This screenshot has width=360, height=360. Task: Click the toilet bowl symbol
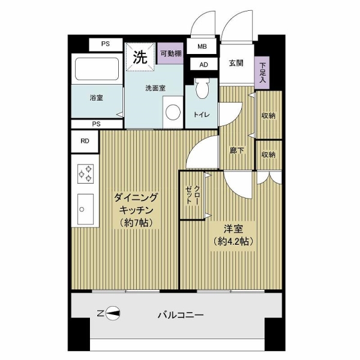click(203, 88)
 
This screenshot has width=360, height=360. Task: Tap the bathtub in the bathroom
click(97, 69)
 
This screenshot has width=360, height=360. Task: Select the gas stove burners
click(85, 174)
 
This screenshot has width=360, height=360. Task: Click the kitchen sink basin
click(85, 209)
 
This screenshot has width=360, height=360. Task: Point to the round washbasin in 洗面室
click(173, 112)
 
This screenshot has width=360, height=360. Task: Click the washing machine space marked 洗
click(140, 57)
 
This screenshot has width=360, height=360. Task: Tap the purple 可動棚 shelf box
click(170, 53)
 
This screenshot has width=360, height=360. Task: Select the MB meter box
click(202, 46)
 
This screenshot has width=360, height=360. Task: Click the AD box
click(203, 65)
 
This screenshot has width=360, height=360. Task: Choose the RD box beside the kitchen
click(85, 141)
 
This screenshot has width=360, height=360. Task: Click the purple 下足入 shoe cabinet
click(262, 73)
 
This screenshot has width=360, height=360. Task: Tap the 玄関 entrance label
click(236, 63)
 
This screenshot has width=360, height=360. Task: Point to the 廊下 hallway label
click(237, 151)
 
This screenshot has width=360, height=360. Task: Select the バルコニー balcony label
click(181, 315)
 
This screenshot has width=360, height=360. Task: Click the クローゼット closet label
click(193, 194)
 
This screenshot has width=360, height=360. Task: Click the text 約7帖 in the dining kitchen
click(136, 223)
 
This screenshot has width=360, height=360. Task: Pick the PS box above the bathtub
click(106, 44)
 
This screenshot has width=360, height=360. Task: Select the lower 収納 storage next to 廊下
click(268, 155)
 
